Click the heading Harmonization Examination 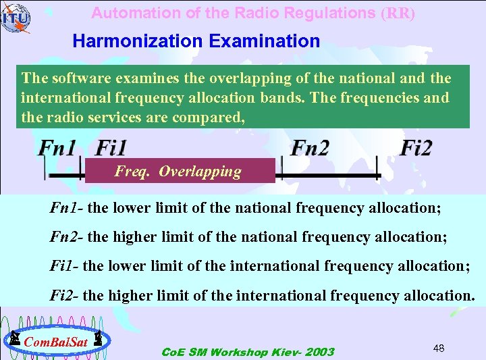point(196,41)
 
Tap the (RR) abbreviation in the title point(398,13)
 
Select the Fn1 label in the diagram point(57,148)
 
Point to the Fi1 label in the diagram point(111,148)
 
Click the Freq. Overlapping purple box point(180,171)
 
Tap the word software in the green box point(74,78)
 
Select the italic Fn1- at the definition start point(67,207)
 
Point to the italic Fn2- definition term point(67,236)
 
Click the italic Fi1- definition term point(65,266)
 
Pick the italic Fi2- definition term point(65,296)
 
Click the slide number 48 point(438,348)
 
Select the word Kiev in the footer point(283,352)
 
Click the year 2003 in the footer point(319,352)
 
